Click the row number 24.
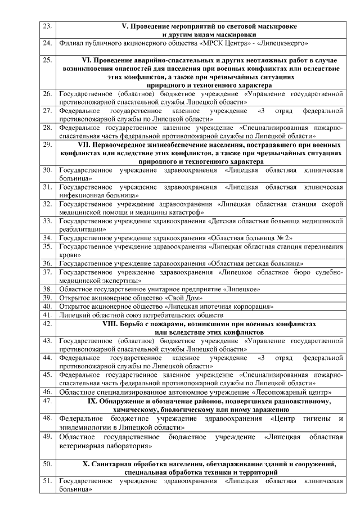point(47,43)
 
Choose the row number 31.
point(47,186)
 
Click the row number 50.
point(47,463)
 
